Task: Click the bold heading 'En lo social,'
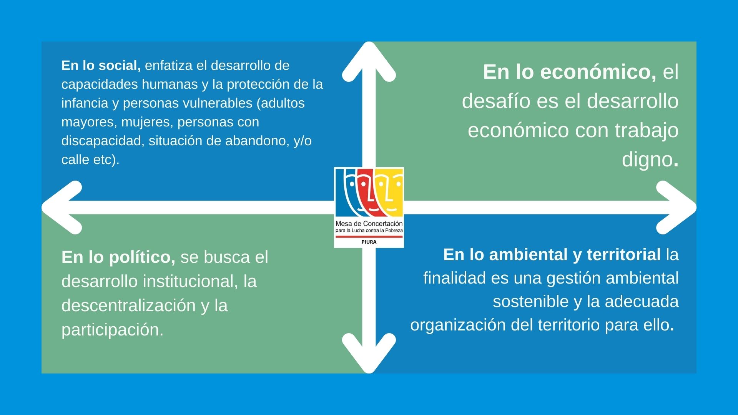(101, 66)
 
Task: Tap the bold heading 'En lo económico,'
(570, 72)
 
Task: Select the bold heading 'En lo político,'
(118, 257)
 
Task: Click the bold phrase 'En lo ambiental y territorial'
(552, 255)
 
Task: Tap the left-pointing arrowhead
(61, 207)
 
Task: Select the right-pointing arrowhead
(676, 207)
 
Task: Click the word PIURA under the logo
(369, 242)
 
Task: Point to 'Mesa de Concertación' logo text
(369, 223)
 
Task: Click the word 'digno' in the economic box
(647, 160)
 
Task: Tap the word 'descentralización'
(129, 305)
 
